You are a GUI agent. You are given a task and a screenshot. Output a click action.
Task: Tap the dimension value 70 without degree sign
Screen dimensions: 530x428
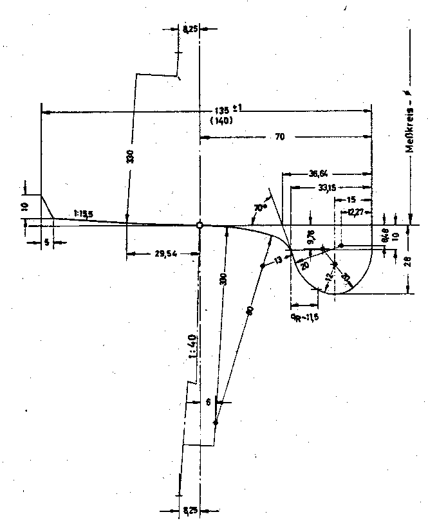280,136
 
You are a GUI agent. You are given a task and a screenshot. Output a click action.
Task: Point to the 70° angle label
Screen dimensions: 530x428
260,208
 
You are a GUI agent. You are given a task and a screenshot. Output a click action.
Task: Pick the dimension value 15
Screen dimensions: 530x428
351,200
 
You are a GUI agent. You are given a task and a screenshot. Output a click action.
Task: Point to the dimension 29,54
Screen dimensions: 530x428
165,255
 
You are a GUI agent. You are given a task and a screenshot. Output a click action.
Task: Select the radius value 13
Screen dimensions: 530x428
278,260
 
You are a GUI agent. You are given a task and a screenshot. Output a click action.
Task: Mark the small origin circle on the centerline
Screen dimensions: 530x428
200,225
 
